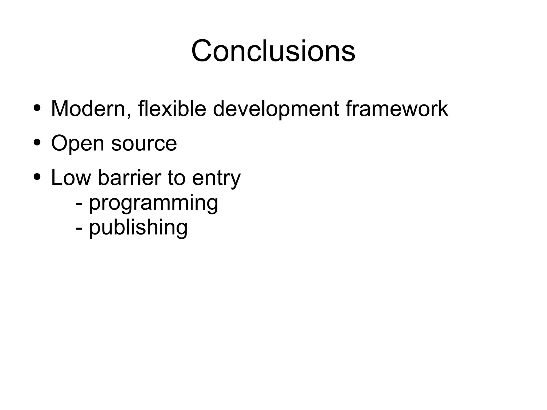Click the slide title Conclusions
[x=273, y=51]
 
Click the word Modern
[x=88, y=109]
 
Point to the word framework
[x=397, y=109]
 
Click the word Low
[x=71, y=178]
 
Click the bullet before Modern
[x=37, y=108]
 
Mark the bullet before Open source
[x=37, y=142]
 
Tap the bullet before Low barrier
[x=37, y=177]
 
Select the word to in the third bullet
[x=176, y=178]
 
